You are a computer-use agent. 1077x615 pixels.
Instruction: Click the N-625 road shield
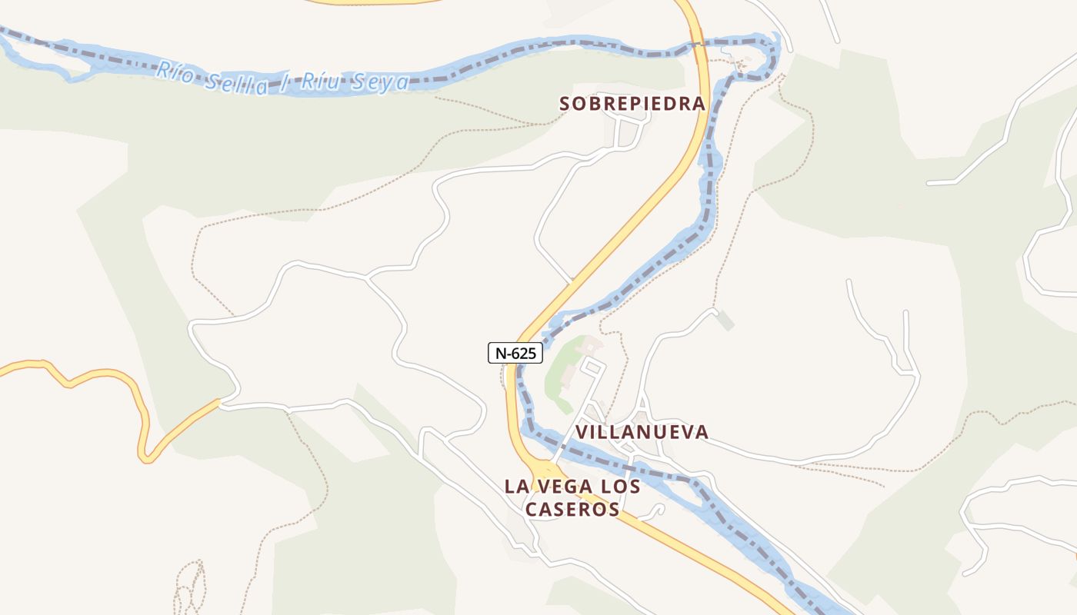point(515,353)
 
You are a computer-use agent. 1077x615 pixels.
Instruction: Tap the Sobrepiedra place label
point(632,103)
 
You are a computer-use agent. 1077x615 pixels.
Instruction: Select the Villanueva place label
point(642,432)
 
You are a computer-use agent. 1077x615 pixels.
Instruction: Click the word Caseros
point(572,509)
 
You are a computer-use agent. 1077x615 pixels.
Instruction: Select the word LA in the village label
point(517,487)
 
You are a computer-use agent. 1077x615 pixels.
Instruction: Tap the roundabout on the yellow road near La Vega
point(545,468)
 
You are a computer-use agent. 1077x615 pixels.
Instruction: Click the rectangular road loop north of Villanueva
point(592,368)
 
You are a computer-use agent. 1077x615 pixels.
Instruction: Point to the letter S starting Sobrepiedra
point(565,103)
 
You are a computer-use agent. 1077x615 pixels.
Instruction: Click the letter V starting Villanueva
point(582,432)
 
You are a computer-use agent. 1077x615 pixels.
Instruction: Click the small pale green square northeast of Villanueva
point(725,322)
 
